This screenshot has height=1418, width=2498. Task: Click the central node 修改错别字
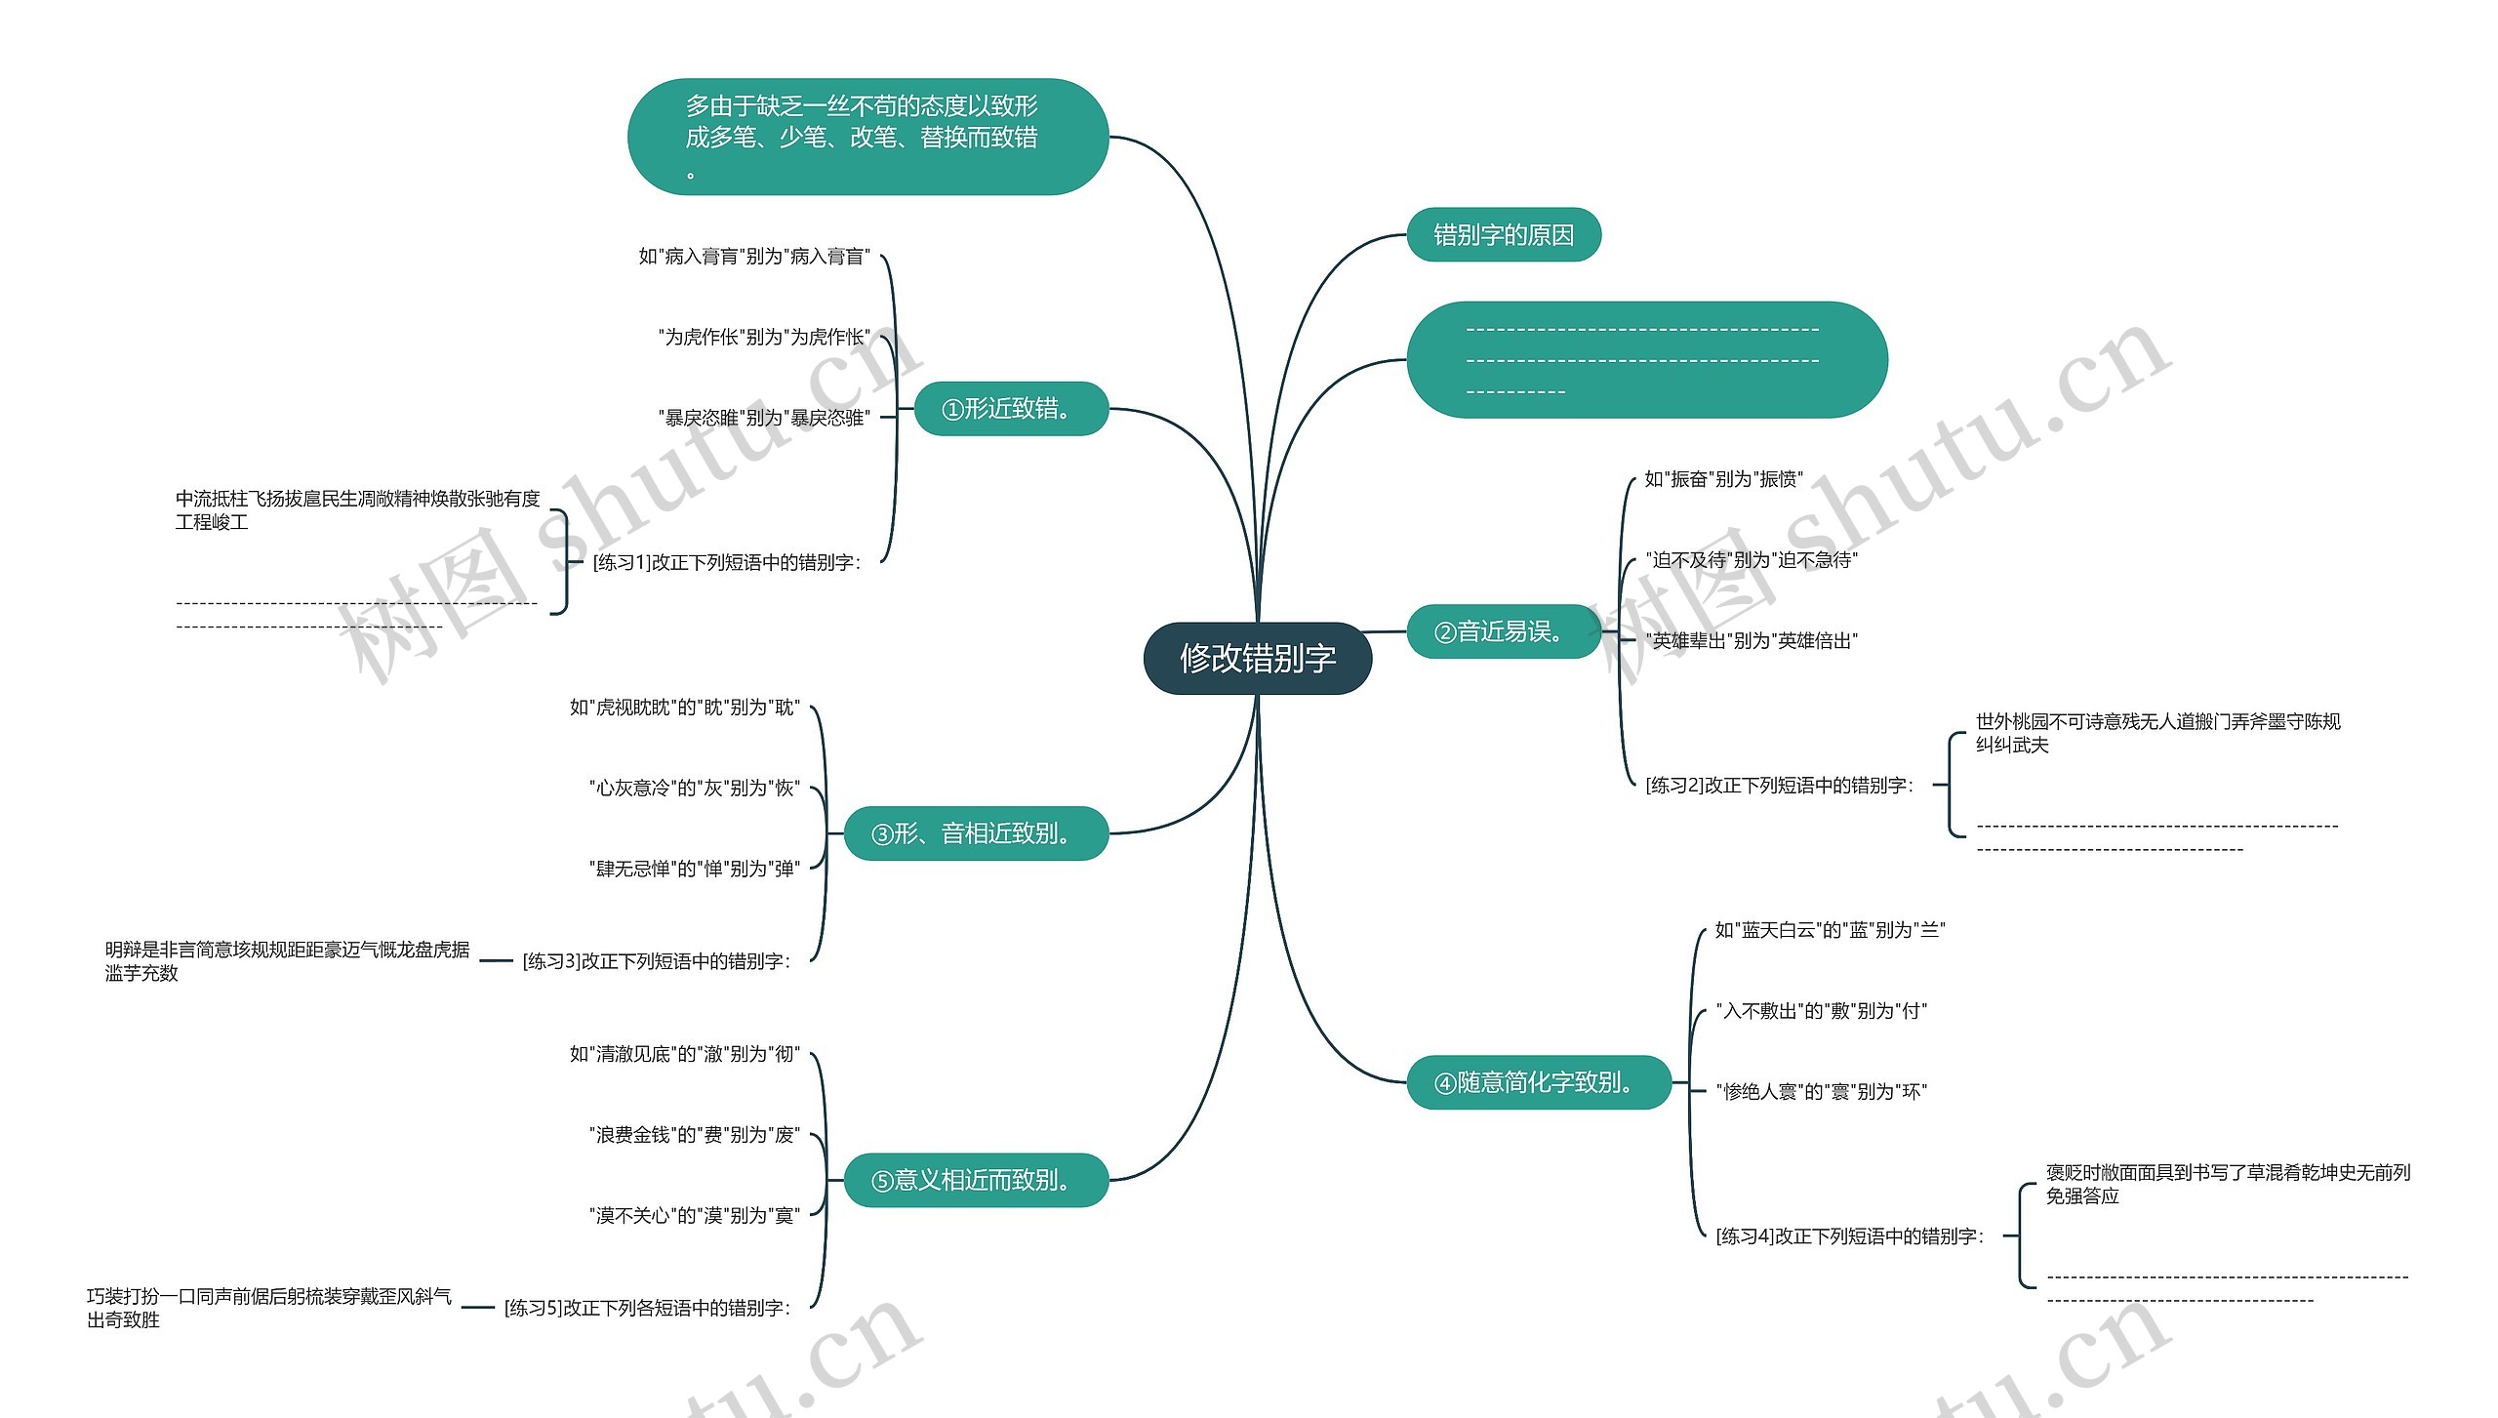(1257, 659)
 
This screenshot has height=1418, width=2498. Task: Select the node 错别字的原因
(1503, 235)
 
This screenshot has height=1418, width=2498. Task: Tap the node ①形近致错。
(1010, 409)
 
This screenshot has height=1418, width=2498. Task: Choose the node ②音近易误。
(1503, 632)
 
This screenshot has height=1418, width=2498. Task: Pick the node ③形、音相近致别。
(975, 833)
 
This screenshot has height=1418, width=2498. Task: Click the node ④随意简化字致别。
(1538, 1082)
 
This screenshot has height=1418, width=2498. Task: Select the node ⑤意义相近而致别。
(975, 1181)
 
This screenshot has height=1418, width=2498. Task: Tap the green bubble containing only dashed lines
(1646, 360)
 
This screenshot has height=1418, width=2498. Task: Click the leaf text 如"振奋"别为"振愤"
(1723, 479)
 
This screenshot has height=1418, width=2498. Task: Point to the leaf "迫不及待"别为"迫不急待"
(1752, 560)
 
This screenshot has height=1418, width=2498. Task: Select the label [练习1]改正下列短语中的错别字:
(727, 563)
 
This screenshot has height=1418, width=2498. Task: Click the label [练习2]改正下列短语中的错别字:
(1780, 786)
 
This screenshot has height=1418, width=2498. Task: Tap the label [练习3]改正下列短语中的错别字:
(657, 961)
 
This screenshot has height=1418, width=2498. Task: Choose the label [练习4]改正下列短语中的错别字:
(1850, 1236)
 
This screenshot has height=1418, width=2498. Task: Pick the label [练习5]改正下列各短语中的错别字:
(647, 1308)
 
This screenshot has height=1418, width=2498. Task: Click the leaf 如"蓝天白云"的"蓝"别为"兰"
(1830, 930)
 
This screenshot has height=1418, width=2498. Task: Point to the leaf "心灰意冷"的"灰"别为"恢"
(694, 788)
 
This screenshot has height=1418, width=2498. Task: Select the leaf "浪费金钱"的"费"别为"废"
(694, 1135)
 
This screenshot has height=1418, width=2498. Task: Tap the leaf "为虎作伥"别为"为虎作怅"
(764, 338)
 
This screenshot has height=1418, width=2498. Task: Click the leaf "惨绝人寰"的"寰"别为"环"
(1821, 1092)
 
